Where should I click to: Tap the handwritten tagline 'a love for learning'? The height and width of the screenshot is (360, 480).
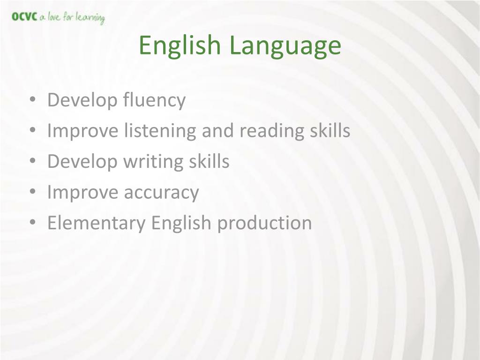(72, 18)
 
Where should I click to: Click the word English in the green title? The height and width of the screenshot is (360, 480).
(180, 46)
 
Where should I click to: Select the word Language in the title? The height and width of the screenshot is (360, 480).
(285, 46)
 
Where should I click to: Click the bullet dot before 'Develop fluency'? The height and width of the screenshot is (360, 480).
(33, 99)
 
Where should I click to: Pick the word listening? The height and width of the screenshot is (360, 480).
(160, 131)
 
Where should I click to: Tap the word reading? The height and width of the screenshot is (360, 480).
(272, 131)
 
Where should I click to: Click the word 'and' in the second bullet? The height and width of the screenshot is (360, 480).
(217, 131)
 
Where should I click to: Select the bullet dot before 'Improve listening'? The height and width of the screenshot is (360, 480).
(33, 130)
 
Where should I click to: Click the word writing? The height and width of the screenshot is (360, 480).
(153, 162)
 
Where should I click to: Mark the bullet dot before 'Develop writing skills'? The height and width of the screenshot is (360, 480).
(33, 161)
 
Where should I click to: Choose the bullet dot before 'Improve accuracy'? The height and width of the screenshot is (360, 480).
(33, 191)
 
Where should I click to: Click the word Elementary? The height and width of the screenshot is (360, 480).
(97, 223)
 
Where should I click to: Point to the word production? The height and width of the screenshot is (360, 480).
(264, 223)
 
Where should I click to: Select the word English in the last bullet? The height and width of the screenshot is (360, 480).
(181, 223)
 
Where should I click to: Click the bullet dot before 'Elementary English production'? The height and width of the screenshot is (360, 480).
(33, 222)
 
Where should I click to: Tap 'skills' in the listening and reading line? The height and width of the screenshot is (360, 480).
(330, 130)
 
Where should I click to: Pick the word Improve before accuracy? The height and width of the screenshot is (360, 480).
(82, 193)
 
